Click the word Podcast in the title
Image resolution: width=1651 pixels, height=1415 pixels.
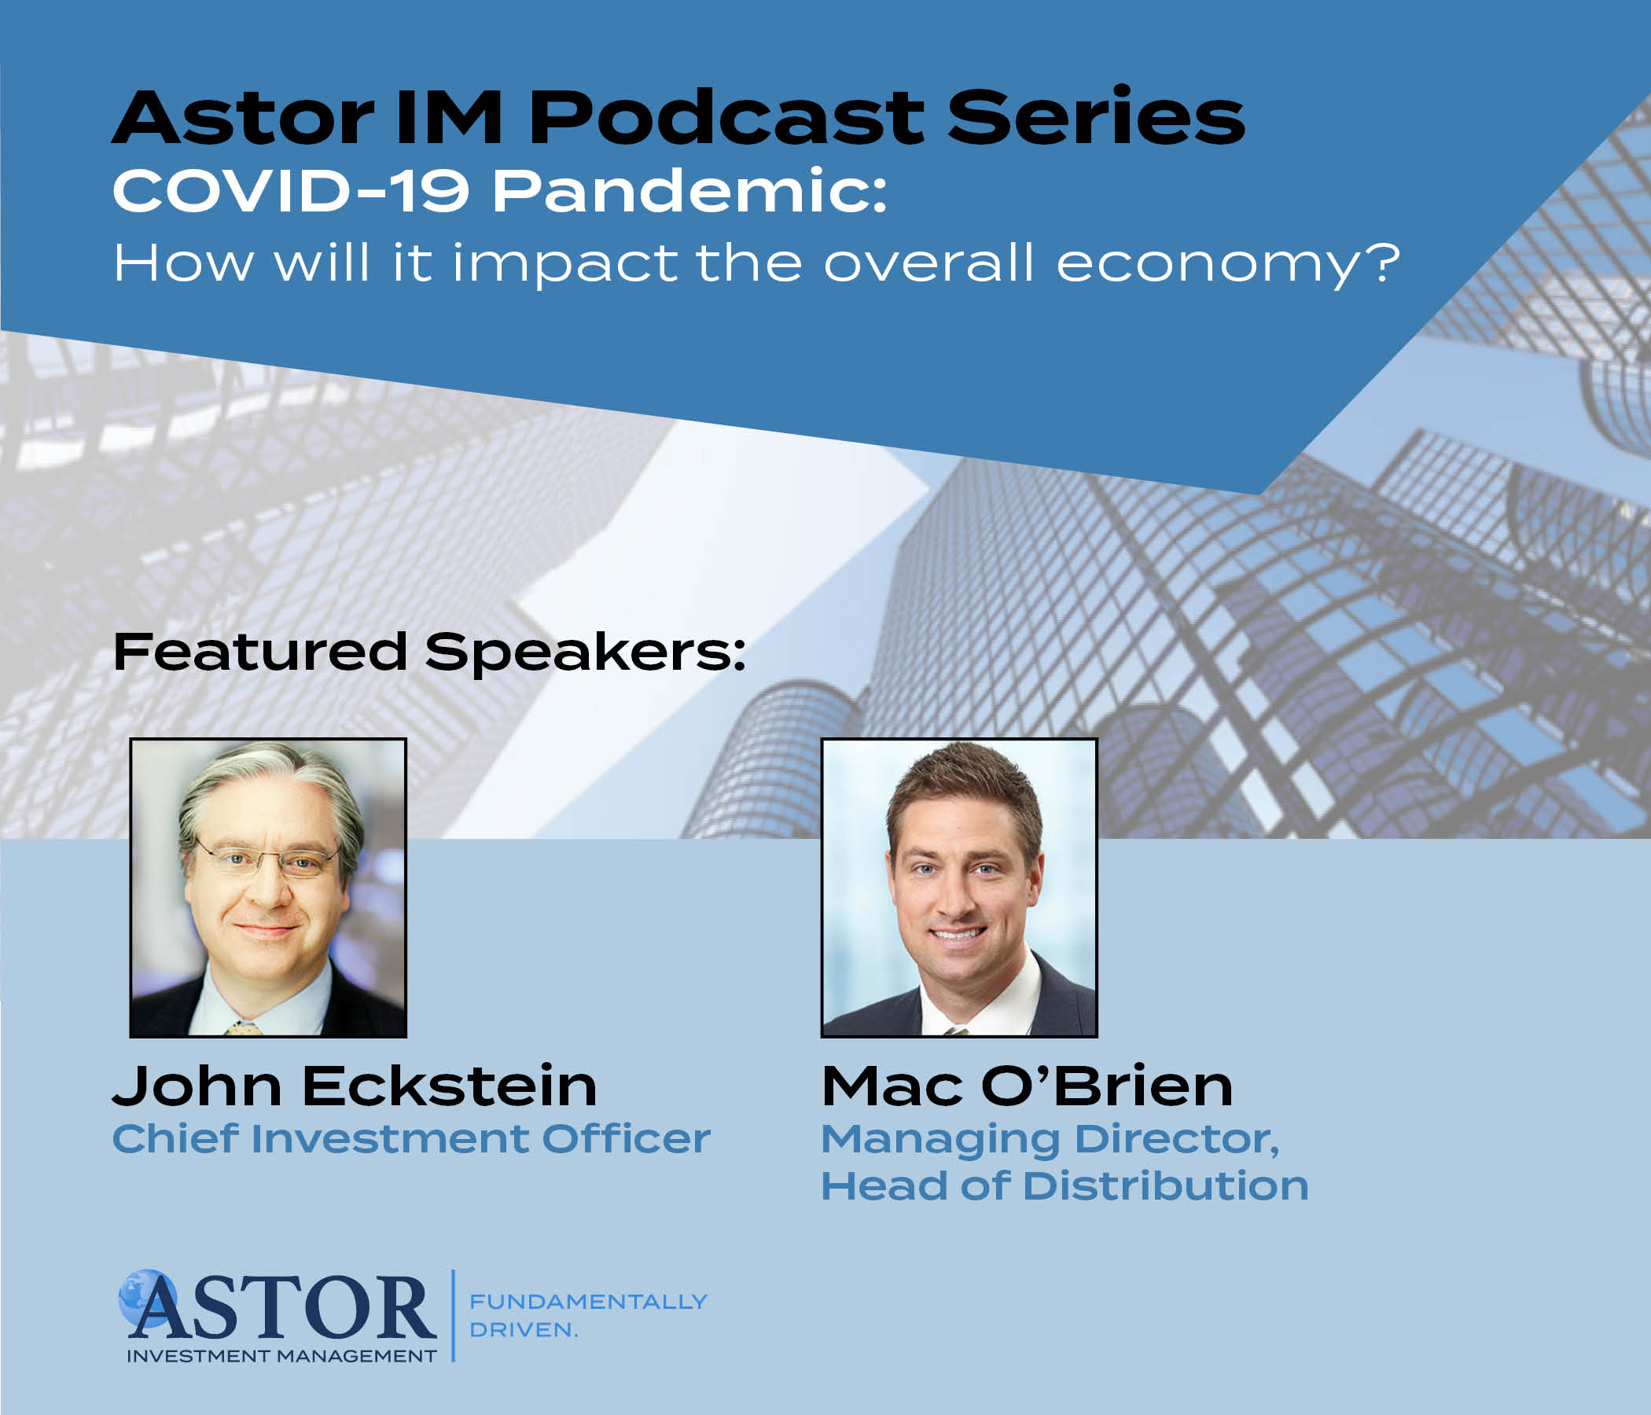[726, 117]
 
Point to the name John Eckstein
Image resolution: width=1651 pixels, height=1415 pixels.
[355, 1086]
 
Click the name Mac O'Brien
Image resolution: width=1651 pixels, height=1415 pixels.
[1027, 1086]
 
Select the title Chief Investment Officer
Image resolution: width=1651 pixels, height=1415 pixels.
[411, 1138]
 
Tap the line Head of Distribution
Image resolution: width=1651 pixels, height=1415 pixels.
[1065, 1185]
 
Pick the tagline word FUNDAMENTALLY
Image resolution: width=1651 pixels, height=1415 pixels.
[588, 1302]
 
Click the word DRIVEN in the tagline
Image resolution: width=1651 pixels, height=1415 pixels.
[520, 1330]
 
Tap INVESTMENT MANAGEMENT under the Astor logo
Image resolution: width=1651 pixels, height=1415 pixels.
[282, 1356]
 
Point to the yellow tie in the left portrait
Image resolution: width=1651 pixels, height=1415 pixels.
[243, 1028]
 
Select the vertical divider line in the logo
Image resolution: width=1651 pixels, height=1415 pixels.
[454, 1315]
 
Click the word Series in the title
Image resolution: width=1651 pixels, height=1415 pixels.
[1097, 117]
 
